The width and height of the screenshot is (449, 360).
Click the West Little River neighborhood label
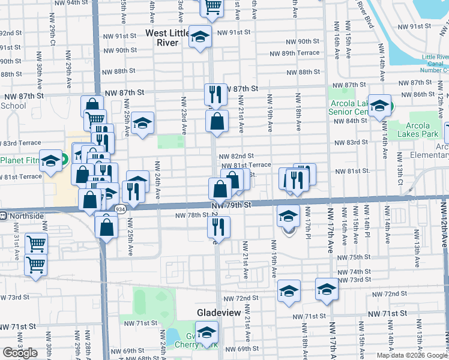(x=170, y=38)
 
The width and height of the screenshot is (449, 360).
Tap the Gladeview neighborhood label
(x=219, y=313)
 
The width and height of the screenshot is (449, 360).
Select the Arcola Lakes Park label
(x=413, y=129)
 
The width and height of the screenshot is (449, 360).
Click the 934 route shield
(x=120, y=209)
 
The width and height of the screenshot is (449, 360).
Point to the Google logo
(x=20, y=352)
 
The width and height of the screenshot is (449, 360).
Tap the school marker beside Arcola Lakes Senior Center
(x=379, y=106)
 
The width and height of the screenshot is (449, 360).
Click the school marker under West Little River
(x=200, y=35)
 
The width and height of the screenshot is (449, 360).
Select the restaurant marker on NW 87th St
(x=214, y=94)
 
